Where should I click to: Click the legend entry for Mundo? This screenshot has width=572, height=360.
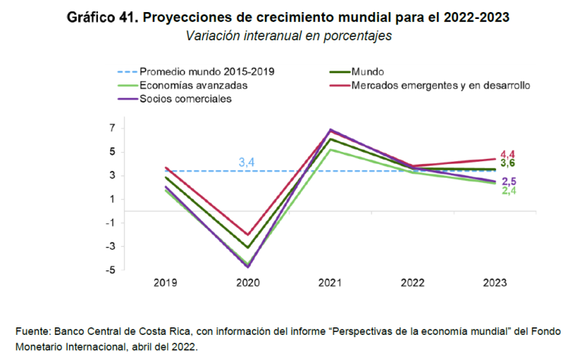pos(368,72)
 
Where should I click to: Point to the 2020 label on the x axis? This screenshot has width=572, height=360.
pos(247,283)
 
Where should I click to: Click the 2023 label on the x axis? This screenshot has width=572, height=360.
pos(493,283)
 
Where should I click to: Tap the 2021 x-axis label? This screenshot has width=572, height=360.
pos(329,283)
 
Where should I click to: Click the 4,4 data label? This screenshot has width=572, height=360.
pos(508,155)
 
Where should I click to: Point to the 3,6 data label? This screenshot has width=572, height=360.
pos(508,164)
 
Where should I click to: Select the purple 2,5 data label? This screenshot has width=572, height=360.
pos(508,181)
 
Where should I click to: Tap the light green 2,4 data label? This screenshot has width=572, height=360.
pos(508,190)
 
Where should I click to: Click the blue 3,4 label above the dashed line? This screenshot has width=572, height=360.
pos(247,163)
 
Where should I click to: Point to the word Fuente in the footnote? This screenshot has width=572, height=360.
pos(32,331)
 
